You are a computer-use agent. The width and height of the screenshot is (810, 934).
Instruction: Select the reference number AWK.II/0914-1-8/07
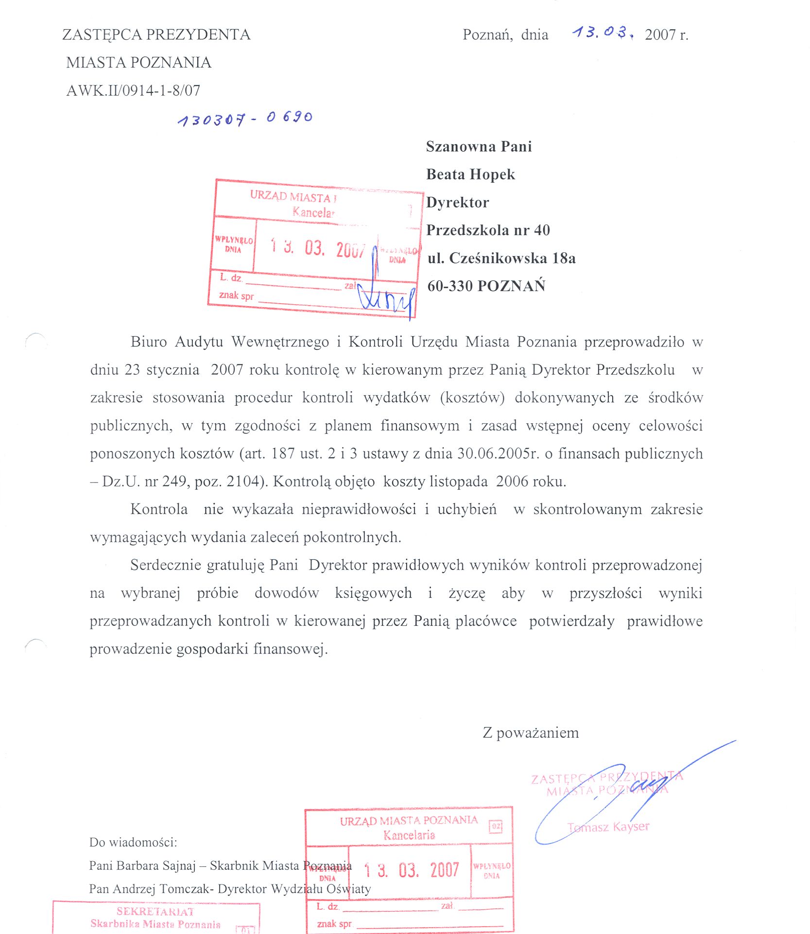(133, 90)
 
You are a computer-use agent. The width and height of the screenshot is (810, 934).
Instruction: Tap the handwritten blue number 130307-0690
(245, 118)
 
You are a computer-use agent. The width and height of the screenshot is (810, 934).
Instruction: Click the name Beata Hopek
(470, 174)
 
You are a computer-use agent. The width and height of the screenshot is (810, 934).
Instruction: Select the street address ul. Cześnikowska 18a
(501, 258)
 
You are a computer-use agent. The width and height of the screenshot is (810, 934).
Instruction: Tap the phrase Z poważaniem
(531, 732)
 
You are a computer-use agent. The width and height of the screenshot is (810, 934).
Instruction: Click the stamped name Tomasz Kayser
(608, 827)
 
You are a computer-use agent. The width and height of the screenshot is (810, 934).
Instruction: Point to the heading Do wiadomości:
(133, 842)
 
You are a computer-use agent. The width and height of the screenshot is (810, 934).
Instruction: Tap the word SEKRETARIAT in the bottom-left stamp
(155, 911)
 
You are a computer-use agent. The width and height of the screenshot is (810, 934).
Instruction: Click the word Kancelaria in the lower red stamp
(409, 835)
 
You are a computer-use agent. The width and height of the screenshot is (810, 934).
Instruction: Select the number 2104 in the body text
(242, 481)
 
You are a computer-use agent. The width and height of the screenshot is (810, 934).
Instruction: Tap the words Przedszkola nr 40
(488, 230)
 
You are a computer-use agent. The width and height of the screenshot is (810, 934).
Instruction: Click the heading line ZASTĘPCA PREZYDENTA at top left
(156, 35)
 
